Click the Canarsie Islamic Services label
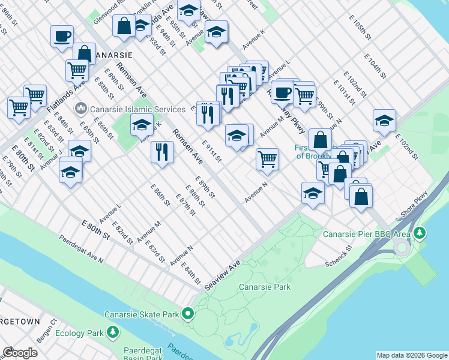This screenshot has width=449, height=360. coord(137,109)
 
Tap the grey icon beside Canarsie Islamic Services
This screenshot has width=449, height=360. coord(80,109)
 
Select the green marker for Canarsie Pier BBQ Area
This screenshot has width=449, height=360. coord(420,232)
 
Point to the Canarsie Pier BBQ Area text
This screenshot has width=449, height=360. coord(367,233)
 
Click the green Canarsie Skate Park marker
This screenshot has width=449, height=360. coord(188,313)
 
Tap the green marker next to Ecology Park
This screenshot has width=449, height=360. coord(112,332)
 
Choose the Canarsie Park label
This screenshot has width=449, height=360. coord(265,287)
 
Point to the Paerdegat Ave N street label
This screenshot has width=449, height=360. coord(81,248)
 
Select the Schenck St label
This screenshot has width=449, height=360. coord(338,256)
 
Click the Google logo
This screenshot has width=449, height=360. coord(20,352)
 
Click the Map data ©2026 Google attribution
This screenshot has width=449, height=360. coord(411,355)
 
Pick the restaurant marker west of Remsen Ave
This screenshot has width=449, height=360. coord(161,152)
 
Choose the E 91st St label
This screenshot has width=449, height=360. coord(211,151)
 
